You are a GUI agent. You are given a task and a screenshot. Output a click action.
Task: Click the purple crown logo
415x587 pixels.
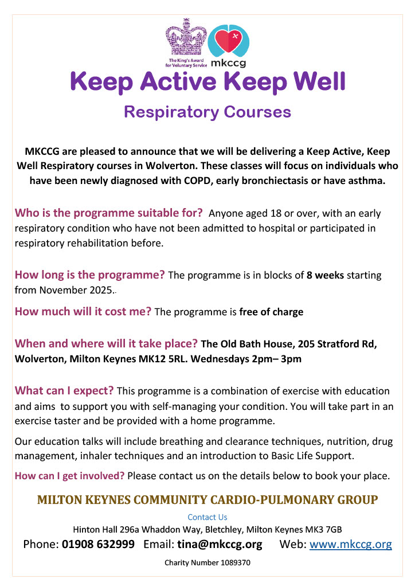coord(186,38)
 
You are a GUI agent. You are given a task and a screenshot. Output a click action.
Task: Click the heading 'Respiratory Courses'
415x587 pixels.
coord(207,111)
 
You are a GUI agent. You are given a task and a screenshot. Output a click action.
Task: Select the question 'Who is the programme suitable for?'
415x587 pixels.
coord(108,213)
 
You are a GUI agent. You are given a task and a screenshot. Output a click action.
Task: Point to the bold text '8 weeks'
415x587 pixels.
coord(326,275)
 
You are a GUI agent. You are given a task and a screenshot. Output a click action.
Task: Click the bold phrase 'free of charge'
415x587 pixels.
coord(271,312)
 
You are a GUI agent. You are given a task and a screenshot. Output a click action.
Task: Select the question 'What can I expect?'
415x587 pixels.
coord(64,391)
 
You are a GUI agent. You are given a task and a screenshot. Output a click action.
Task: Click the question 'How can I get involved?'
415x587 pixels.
coord(69,476)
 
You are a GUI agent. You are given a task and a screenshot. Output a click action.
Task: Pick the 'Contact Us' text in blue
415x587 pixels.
coord(207,517)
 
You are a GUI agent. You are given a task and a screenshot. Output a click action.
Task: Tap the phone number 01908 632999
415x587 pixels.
coord(98,544)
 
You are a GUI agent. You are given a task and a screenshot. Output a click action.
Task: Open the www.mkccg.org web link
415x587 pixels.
coord(351,544)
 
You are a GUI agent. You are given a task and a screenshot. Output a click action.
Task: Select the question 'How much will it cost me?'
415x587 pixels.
coord(83,312)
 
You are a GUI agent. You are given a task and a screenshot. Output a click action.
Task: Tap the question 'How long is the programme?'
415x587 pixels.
coord(89,275)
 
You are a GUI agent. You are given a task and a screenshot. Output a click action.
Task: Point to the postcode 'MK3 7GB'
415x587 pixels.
coord(326,530)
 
